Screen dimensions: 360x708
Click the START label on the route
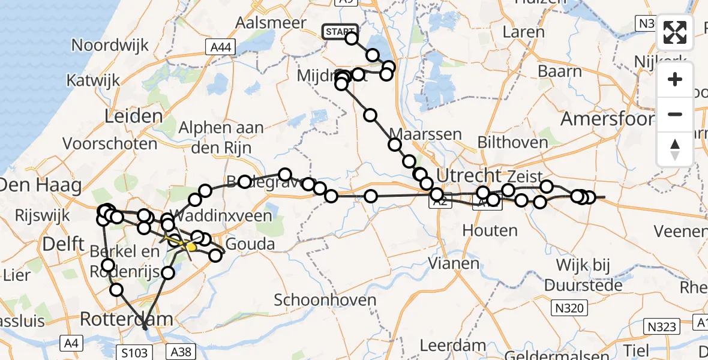(x=340, y=31)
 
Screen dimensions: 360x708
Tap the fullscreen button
(x=675, y=32)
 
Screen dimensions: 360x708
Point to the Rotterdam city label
(x=126, y=319)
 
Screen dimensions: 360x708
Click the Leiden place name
(x=133, y=116)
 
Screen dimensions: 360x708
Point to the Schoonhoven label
(x=325, y=299)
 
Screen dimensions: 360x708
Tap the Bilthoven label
(x=512, y=143)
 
